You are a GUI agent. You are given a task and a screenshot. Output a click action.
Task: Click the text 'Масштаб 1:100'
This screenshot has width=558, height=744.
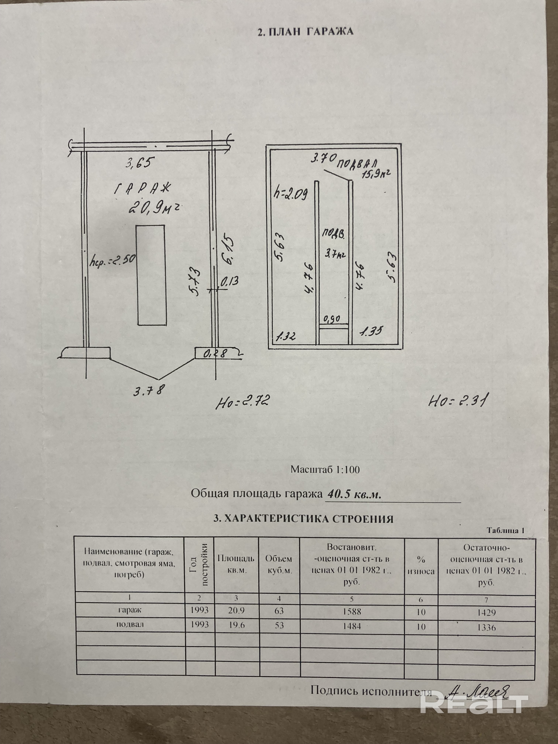[325, 470]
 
